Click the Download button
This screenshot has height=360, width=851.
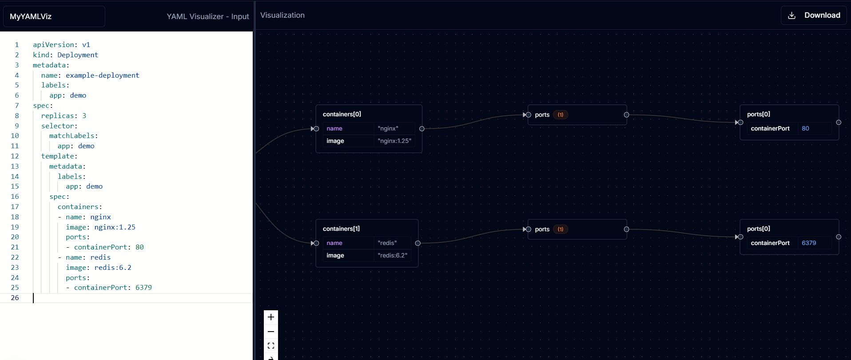[x=814, y=16]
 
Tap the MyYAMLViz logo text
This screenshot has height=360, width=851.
[x=31, y=16]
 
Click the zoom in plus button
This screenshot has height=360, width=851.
[x=271, y=317]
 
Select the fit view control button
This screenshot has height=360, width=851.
[x=271, y=345]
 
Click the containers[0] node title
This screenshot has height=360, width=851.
[x=342, y=114]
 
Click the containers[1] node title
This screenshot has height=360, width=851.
[x=341, y=229]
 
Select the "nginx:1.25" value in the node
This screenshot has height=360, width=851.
[x=394, y=141]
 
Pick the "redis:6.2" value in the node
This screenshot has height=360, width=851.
[x=392, y=255]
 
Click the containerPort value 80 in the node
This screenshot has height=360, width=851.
[x=805, y=128]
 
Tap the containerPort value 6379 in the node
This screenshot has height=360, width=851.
[x=809, y=243]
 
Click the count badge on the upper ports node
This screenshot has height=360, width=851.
[x=561, y=115]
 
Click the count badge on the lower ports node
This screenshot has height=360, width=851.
[x=561, y=229]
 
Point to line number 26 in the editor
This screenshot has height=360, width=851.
[x=15, y=298]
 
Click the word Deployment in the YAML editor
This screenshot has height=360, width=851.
[x=78, y=55]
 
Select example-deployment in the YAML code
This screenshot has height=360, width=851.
[x=103, y=75]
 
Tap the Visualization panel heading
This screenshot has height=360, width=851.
[x=282, y=15]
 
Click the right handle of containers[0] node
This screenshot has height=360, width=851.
[x=422, y=129]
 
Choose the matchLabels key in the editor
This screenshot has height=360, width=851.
[x=72, y=136]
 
